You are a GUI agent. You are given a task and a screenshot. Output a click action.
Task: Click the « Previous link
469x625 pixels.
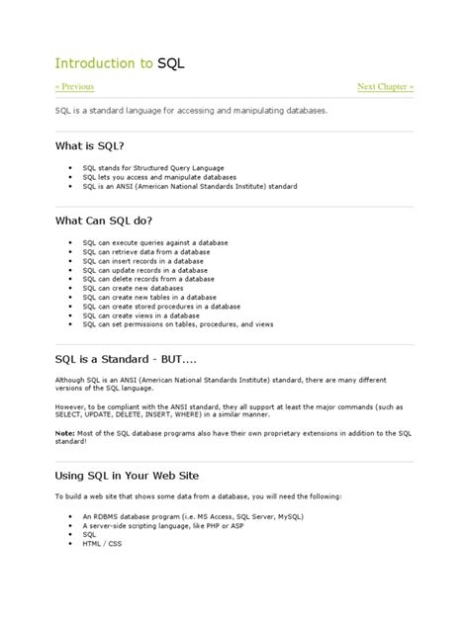[x=74, y=88]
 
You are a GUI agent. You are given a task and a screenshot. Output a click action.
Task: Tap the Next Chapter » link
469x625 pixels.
[x=385, y=88]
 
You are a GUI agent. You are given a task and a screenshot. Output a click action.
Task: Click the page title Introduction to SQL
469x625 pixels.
[x=120, y=62]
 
